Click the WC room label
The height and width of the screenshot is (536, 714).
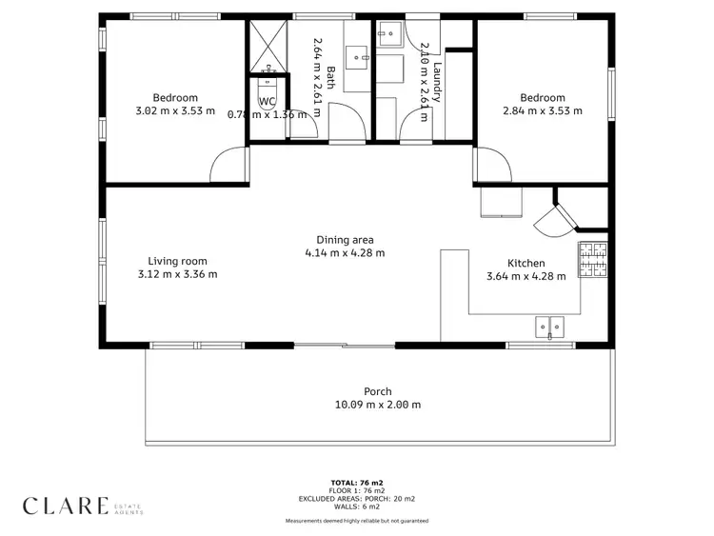pyautogui.click(x=268, y=101)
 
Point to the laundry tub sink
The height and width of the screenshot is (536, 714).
pyautogui.click(x=388, y=34)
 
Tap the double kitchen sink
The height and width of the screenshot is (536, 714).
pyautogui.click(x=550, y=326)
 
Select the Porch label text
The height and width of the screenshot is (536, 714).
pyautogui.click(x=377, y=391)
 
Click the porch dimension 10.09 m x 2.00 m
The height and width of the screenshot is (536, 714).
pyautogui.click(x=377, y=405)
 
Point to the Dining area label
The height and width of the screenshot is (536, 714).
pyautogui.click(x=345, y=240)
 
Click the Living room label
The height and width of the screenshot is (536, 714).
pyautogui.click(x=177, y=261)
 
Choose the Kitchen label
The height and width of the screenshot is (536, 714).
pyautogui.click(x=526, y=263)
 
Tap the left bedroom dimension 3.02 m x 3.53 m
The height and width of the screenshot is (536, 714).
pyautogui.click(x=175, y=111)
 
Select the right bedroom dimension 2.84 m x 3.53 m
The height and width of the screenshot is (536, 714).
pyautogui.click(x=542, y=111)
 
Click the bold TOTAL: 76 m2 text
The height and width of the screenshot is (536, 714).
pyautogui.click(x=357, y=484)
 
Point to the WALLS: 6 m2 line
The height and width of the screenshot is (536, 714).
pyautogui.click(x=357, y=506)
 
